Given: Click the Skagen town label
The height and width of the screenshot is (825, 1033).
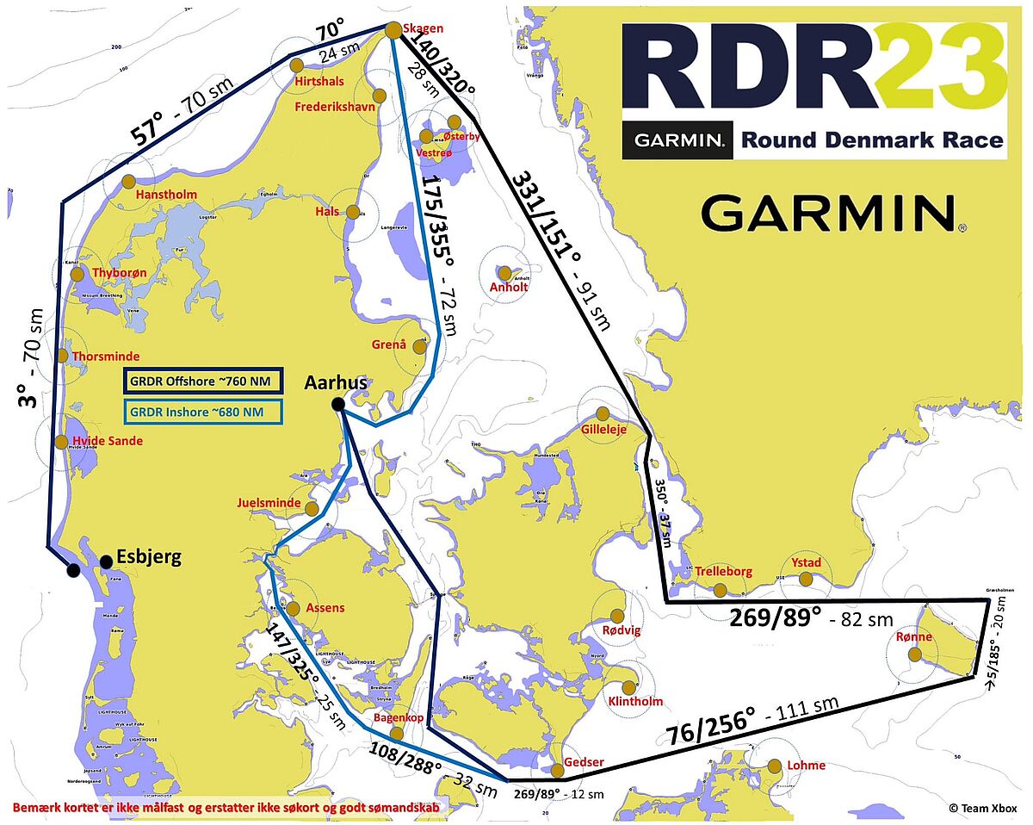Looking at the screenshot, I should (x=423, y=29).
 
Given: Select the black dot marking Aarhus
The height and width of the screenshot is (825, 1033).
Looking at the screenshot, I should (x=338, y=404).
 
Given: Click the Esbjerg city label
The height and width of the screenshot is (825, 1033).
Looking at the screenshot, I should (x=147, y=556).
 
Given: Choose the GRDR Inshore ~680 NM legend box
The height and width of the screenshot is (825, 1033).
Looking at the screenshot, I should (x=204, y=412).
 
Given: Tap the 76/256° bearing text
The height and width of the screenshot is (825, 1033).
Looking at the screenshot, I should (x=711, y=724).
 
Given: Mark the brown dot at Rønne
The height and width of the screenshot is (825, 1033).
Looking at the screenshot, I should (x=914, y=654).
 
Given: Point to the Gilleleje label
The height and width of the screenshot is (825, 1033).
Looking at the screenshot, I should (x=604, y=428).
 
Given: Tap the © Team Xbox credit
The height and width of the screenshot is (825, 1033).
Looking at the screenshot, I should (x=983, y=808).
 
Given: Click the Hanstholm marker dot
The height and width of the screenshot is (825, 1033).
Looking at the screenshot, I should (x=128, y=182).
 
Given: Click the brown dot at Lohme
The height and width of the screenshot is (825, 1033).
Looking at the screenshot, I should (x=775, y=766).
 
